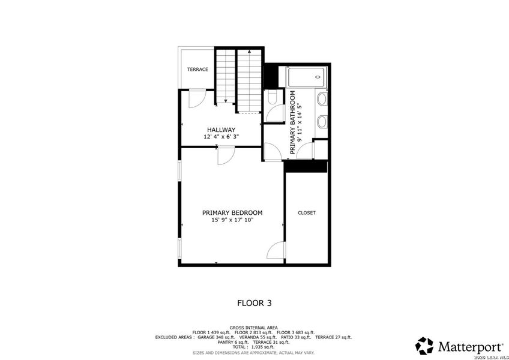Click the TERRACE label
(x=197, y=70)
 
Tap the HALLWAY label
(x=221, y=130)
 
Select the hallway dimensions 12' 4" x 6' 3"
(x=221, y=137)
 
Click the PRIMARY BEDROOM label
(x=232, y=213)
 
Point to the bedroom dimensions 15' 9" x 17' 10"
(x=232, y=220)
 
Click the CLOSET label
(x=306, y=213)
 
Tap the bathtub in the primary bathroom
(x=306, y=78)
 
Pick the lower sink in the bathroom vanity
(x=321, y=122)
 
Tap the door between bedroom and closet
(x=276, y=250)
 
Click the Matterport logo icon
(x=424, y=346)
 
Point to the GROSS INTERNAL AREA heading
(x=254, y=328)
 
